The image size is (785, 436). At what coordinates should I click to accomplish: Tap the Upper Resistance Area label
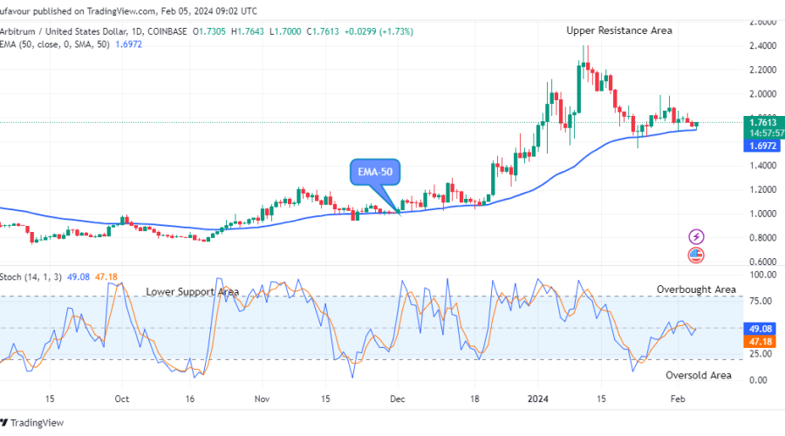619,31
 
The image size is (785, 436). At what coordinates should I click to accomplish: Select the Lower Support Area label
192,291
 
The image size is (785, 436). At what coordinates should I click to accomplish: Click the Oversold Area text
699,375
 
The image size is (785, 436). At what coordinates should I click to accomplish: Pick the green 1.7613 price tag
763,122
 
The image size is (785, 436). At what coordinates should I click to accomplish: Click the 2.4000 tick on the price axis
763,45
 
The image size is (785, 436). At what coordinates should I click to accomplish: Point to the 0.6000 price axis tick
763,262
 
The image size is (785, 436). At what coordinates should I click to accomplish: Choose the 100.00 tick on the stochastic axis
763,275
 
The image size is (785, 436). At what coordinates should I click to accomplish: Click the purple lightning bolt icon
696,236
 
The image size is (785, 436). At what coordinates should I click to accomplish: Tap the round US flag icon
696,255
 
